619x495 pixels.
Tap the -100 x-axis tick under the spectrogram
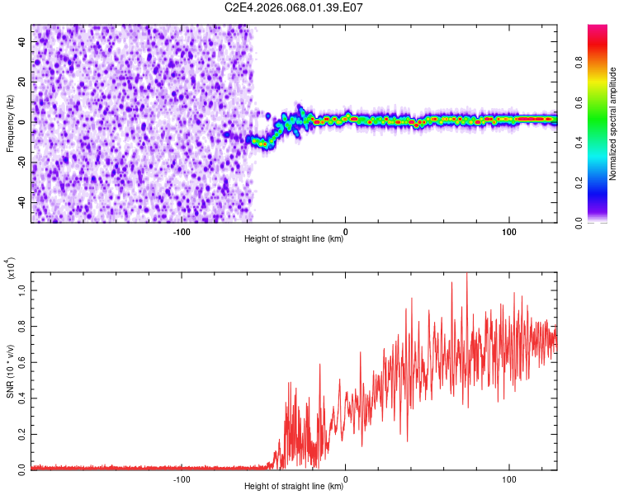pos(182,232)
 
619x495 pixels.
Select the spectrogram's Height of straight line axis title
pos(294,239)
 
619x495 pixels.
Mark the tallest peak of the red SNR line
pos(467,274)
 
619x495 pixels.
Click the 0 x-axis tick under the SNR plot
pos(345,479)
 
